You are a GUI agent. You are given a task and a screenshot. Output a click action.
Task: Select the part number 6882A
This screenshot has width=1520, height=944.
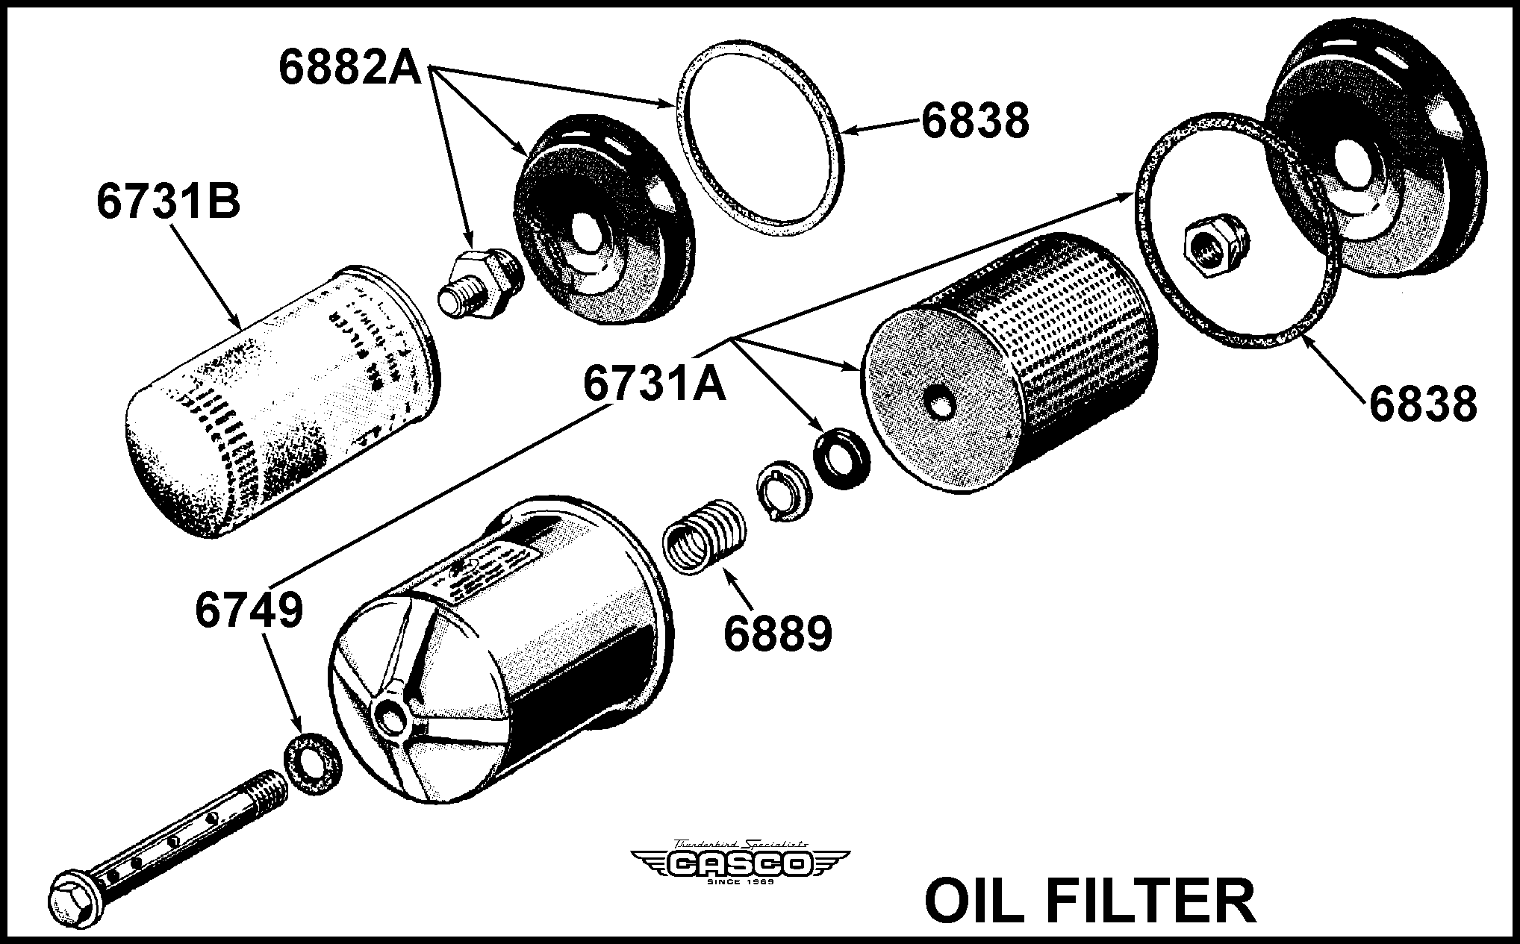350,66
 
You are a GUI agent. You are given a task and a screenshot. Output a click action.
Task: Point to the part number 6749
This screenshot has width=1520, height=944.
249,610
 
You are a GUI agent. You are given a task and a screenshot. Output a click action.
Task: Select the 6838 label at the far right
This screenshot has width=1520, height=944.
1422,404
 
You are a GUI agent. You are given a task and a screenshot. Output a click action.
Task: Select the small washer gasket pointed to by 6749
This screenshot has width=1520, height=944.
314,765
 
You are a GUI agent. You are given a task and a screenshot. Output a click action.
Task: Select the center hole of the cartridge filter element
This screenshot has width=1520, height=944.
939,403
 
